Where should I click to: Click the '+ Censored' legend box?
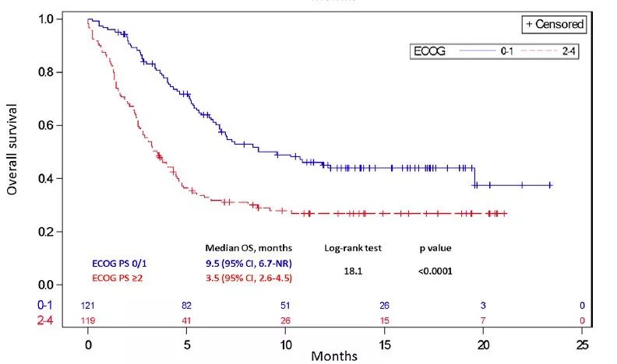click(x=554, y=24)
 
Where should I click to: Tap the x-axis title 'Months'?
click(x=335, y=355)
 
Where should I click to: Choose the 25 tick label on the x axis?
click(x=582, y=343)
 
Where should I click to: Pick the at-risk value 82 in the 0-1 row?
click(x=187, y=306)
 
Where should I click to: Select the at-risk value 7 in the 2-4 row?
click(x=483, y=320)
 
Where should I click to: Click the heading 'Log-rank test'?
click(x=352, y=248)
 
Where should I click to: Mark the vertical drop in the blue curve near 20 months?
click(x=474, y=177)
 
